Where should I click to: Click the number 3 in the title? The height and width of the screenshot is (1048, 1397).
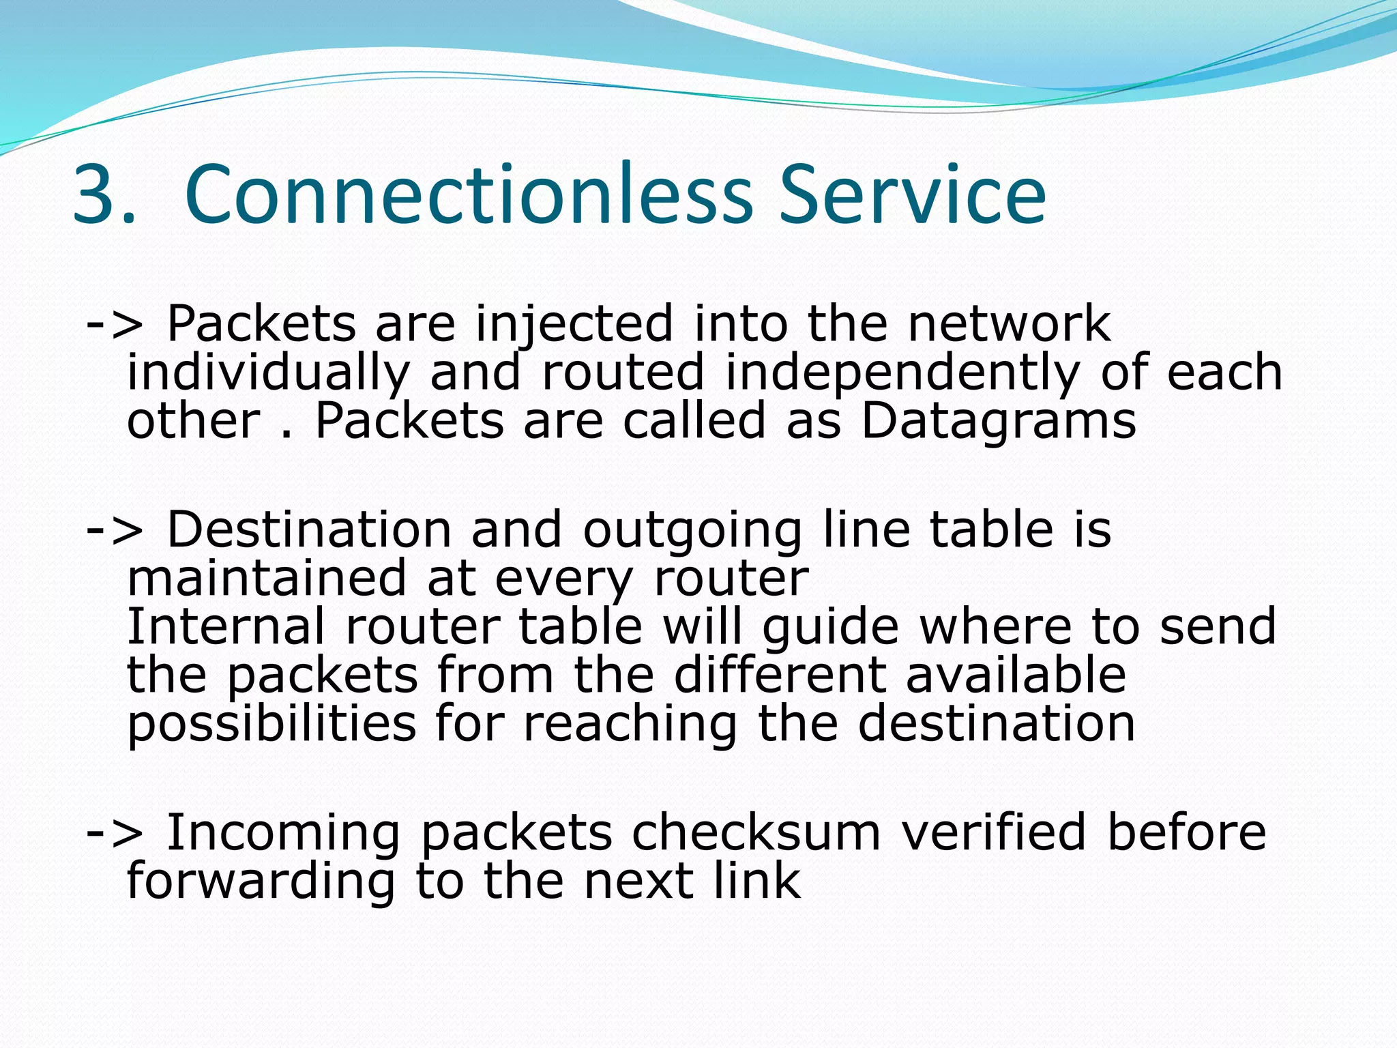94,194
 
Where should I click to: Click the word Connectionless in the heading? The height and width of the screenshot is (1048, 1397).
468,194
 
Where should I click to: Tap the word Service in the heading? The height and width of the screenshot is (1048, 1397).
912,194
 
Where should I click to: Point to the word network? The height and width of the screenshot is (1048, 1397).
1009,323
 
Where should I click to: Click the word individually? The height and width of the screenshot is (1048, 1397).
268,374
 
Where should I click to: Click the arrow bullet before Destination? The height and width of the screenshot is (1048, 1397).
115,531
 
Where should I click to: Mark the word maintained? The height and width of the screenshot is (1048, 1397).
267,579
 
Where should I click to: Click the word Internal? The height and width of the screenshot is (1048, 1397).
226,626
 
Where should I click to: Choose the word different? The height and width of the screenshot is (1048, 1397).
780,675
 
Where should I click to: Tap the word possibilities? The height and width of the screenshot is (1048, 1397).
271,725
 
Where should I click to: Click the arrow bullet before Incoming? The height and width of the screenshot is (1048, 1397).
115,833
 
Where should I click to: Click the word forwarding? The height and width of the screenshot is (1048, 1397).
261,882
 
